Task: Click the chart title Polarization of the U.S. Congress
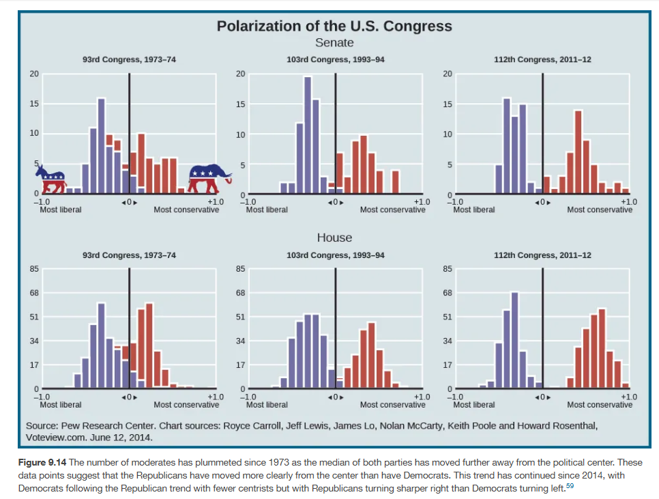[x=334, y=26]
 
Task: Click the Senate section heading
[x=334, y=43]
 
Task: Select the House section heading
[x=334, y=238]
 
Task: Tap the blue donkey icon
[x=51, y=179]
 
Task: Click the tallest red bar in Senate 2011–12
[x=579, y=152]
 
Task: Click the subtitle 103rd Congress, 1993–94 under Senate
[x=336, y=59]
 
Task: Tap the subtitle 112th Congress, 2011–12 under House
[x=542, y=255]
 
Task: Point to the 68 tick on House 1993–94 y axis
[x=240, y=293]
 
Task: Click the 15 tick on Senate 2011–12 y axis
[x=447, y=104]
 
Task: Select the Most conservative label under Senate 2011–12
[x=600, y=210]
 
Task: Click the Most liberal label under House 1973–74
[x=61, y=405]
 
